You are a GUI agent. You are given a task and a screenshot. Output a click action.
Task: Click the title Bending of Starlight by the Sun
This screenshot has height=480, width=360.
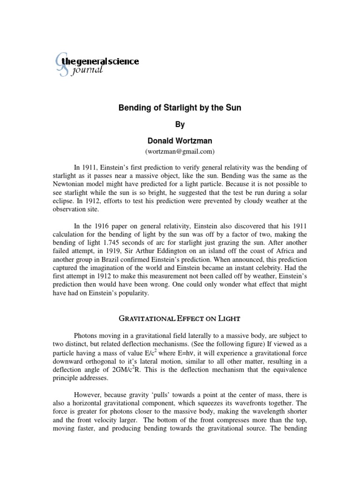179,108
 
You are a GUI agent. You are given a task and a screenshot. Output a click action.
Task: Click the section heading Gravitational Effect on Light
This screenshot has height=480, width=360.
180,319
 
